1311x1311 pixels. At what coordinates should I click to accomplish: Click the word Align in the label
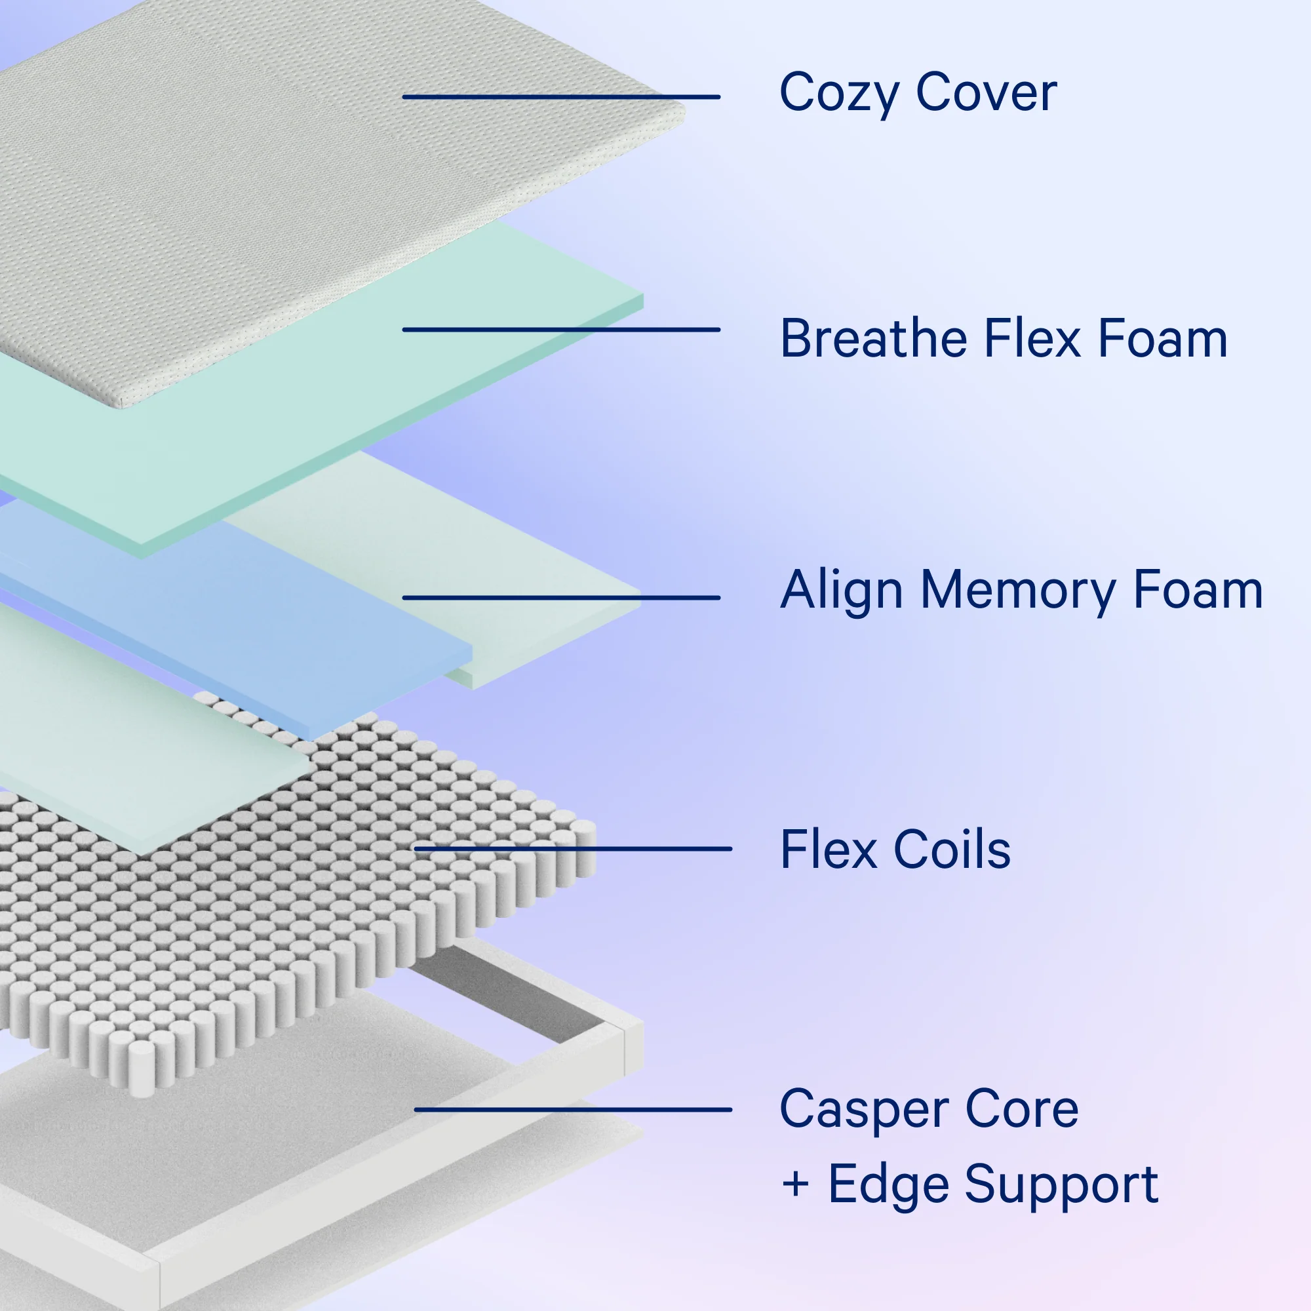842,591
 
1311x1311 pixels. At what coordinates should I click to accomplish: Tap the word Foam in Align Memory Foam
1198,589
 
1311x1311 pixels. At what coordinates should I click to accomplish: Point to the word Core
1021,1107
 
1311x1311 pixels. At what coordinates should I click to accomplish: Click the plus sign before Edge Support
795,1184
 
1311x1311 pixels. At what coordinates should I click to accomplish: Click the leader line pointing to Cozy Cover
561,97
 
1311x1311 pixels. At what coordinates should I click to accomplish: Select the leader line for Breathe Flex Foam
561,330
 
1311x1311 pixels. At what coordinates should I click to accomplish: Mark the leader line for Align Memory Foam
561,598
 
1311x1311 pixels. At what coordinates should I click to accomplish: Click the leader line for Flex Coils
573,849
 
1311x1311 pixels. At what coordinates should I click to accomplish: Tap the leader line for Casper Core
573,1110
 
